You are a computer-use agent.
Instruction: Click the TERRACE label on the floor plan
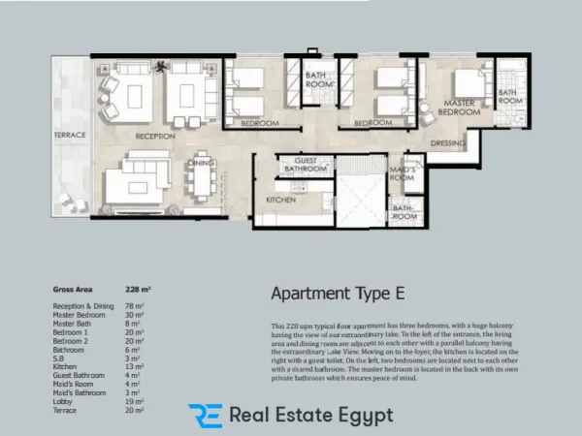click(70, 134)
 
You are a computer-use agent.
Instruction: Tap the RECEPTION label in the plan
click(154, 137)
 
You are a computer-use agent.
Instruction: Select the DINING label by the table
click(201, 164)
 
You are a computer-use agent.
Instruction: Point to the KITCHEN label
click(281, 200)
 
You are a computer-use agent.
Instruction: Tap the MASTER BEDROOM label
click(459, 107)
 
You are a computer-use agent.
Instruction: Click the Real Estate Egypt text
click(311, 415)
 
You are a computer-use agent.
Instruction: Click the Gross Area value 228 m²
click(138, 290)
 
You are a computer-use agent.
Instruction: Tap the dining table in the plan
click(202, 172)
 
